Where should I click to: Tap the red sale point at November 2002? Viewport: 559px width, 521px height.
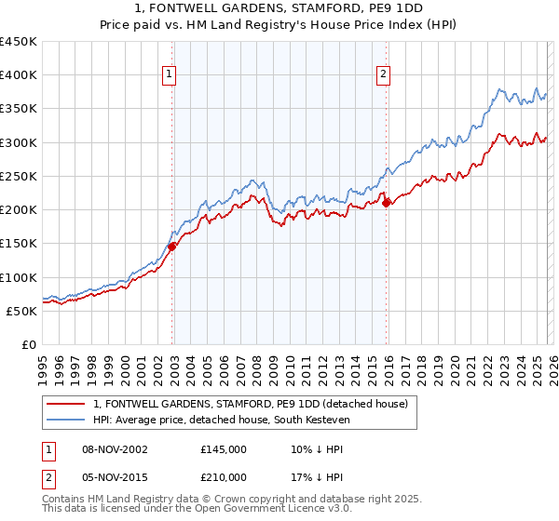pos(172,247)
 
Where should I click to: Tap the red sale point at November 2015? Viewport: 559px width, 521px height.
pos(387,204)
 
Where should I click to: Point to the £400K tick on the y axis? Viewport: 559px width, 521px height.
pos(18,75)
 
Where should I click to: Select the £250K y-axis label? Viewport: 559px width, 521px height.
pos(18,176)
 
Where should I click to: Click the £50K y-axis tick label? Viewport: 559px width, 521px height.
pos(21,311)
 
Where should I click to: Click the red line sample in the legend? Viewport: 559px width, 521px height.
pos(67,404)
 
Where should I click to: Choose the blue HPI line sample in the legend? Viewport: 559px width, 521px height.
pos(67,420)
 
